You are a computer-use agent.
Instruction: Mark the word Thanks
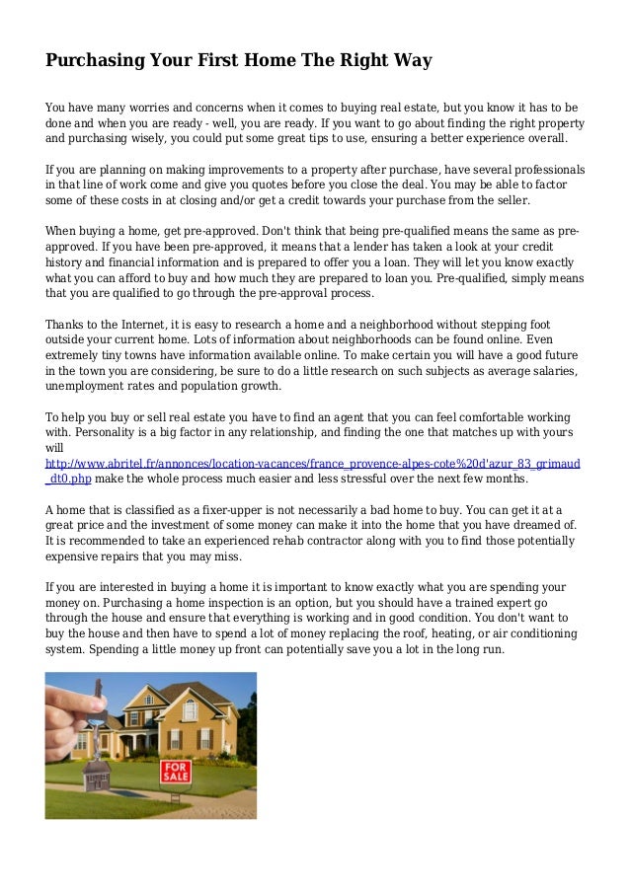[x=68, y=325]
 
